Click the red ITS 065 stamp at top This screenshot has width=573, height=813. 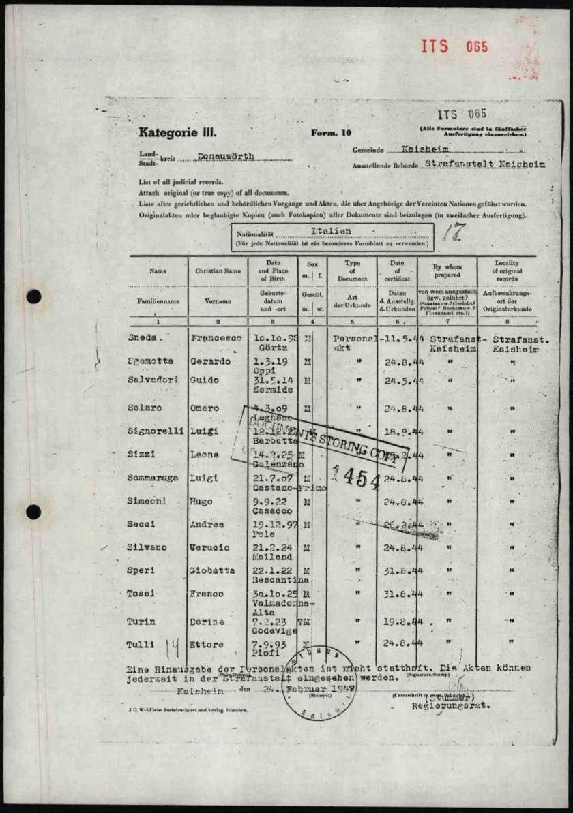pyautogui.click(x=454, y=47)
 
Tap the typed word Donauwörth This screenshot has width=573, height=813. pyautogui.click(x=226, y=157)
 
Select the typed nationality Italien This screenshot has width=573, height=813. pyautogui.click(x=330, y=232)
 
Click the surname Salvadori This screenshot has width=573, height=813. pyautogui.click(x=153, y=379)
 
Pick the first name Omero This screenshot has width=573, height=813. pyautogui.click(x=205, y=408)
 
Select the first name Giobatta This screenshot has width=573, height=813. pyautogui.click(x=212, y=570)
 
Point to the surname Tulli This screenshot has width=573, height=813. pyautogui.click(x=141, y=645)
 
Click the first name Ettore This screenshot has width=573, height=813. pyautogui.click(x=206, y=645)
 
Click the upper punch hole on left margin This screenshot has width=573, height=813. pyautogui.click(x=33, y=297)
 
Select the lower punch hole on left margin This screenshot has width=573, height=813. pyautogui.click(x=33, y=511)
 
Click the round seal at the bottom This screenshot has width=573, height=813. pyautogui.click(x=319, y=683)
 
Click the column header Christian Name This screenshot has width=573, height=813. pyautogui.click(x=218, y=271)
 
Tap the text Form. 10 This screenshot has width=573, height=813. pyautogui.click(x=332, y=134)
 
